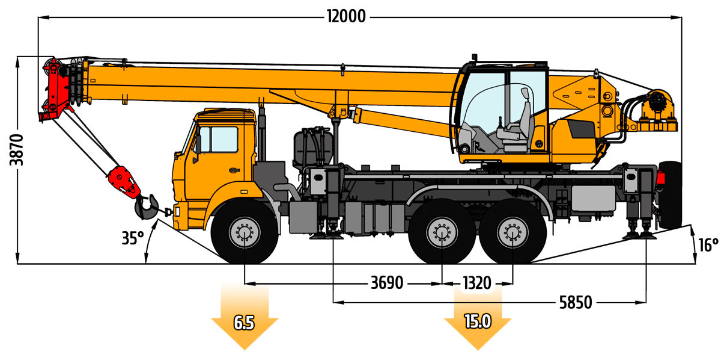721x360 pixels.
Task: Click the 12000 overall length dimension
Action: coord(347,16)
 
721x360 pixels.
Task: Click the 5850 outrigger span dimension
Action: coord(575,302)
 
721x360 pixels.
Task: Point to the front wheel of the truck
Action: coord(245,232)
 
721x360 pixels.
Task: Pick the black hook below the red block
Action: coord(147,206)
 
